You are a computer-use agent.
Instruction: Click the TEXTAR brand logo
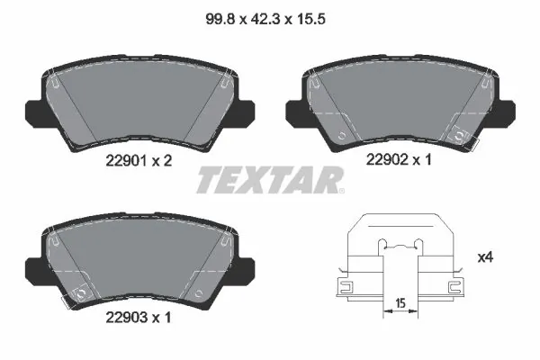[x=267, y=180]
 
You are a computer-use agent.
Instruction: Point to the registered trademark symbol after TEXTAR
[x=341, y=191]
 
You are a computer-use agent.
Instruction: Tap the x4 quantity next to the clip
[x=486, y=257]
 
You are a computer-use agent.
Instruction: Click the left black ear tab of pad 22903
[x=31, y=267]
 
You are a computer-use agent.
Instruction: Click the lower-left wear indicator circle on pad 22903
[x=79, y=293]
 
